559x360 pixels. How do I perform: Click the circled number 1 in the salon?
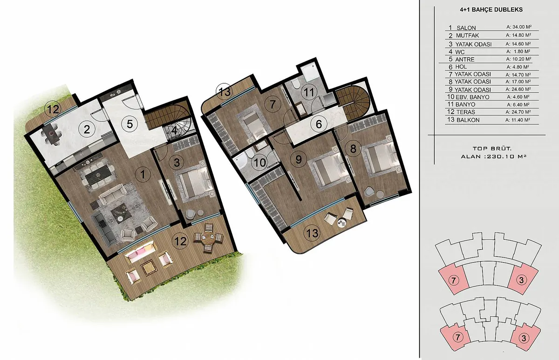pos(143,174)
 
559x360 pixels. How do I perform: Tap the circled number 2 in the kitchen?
pos(87,129)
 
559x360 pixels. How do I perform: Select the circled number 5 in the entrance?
pos(130,124)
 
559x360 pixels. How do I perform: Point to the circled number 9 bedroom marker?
pos(298,159)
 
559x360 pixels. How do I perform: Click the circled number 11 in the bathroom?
pos(309,93)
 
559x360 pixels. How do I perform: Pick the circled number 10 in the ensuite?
pos(259,163)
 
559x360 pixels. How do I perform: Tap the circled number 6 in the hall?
pos(319,124)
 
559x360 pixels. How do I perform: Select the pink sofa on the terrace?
pos(141,251)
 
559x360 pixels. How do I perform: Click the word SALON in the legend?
pos(466,28)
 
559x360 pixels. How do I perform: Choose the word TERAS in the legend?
pos(466,112)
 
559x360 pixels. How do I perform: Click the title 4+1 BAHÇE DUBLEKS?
pos(491,10)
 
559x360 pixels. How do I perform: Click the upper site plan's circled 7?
pos(453,280)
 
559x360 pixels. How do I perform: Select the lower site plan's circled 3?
pos(524,338)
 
